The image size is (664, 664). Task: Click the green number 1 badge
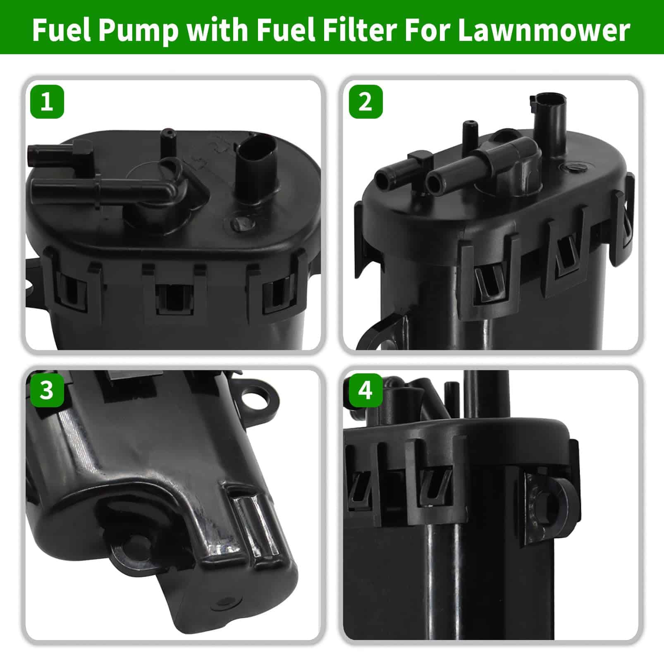[x=47, y=102]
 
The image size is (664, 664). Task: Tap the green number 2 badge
[x=365, y=102]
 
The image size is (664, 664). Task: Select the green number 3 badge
[x=47, y=390]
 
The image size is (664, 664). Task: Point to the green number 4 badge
[x=365, y=390]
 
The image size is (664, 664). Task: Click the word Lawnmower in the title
[x=544, y=30]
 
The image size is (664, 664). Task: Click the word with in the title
[x=217, y=30]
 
